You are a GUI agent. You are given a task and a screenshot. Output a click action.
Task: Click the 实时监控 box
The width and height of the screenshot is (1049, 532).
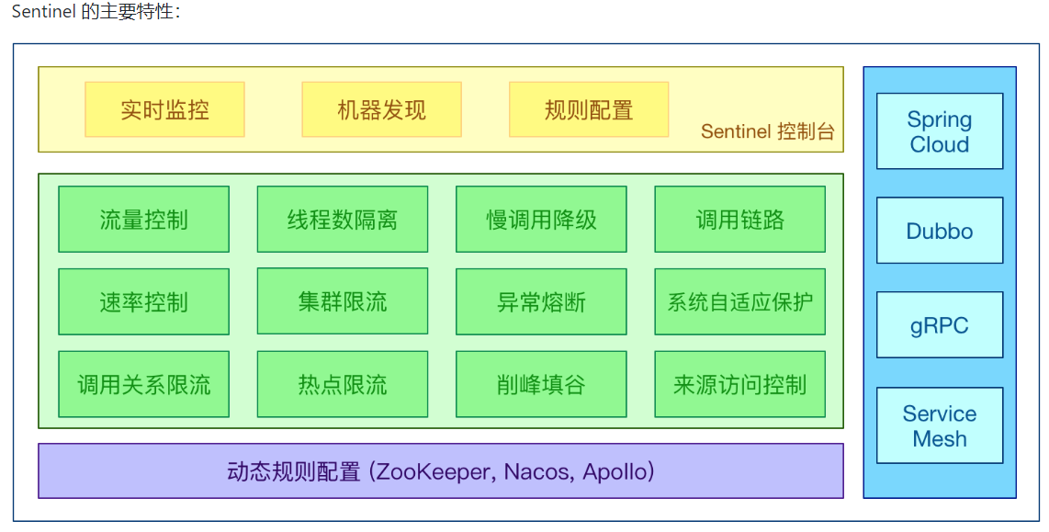point(164,109)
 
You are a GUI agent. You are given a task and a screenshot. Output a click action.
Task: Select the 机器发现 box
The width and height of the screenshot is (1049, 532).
point(381,109)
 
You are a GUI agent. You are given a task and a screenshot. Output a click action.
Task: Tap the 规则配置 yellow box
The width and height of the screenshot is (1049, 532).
point(589,109)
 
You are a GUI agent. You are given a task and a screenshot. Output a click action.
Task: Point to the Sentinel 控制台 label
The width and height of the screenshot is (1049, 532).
point(767,131)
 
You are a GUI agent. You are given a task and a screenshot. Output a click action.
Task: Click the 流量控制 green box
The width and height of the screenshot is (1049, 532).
point(143,220)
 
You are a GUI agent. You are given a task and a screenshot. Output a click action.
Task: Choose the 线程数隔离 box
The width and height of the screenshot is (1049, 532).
point(342,220)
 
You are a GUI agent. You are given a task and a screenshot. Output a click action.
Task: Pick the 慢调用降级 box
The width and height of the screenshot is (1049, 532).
point(541,220)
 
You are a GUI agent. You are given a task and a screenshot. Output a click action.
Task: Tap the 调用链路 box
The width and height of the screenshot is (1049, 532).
point(739,220)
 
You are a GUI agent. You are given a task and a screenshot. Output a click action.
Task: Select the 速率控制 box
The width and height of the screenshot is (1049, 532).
point(143,301)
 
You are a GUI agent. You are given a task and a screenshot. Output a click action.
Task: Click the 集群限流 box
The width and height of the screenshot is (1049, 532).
point(342,301)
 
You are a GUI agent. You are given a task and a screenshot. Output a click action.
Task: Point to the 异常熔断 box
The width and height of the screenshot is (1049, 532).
point(541,301)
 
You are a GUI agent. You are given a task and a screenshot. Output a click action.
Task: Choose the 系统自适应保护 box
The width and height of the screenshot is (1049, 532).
point(739,301)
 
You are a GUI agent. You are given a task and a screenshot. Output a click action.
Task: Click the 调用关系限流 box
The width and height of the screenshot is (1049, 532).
point(143,384)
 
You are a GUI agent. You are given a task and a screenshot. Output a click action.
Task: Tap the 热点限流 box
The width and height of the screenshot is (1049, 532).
point(342,384)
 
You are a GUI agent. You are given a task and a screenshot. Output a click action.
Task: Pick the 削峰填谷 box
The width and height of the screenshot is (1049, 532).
point(541,384)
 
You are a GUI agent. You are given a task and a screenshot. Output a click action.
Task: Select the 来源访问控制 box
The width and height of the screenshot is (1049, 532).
point(739,384)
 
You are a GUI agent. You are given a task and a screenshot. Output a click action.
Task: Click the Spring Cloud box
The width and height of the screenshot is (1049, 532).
point(939,131)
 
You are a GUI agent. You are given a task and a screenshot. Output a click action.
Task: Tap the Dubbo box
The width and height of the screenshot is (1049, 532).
point(939,231)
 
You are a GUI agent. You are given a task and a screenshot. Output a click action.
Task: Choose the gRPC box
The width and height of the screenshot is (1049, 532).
point(939,325)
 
